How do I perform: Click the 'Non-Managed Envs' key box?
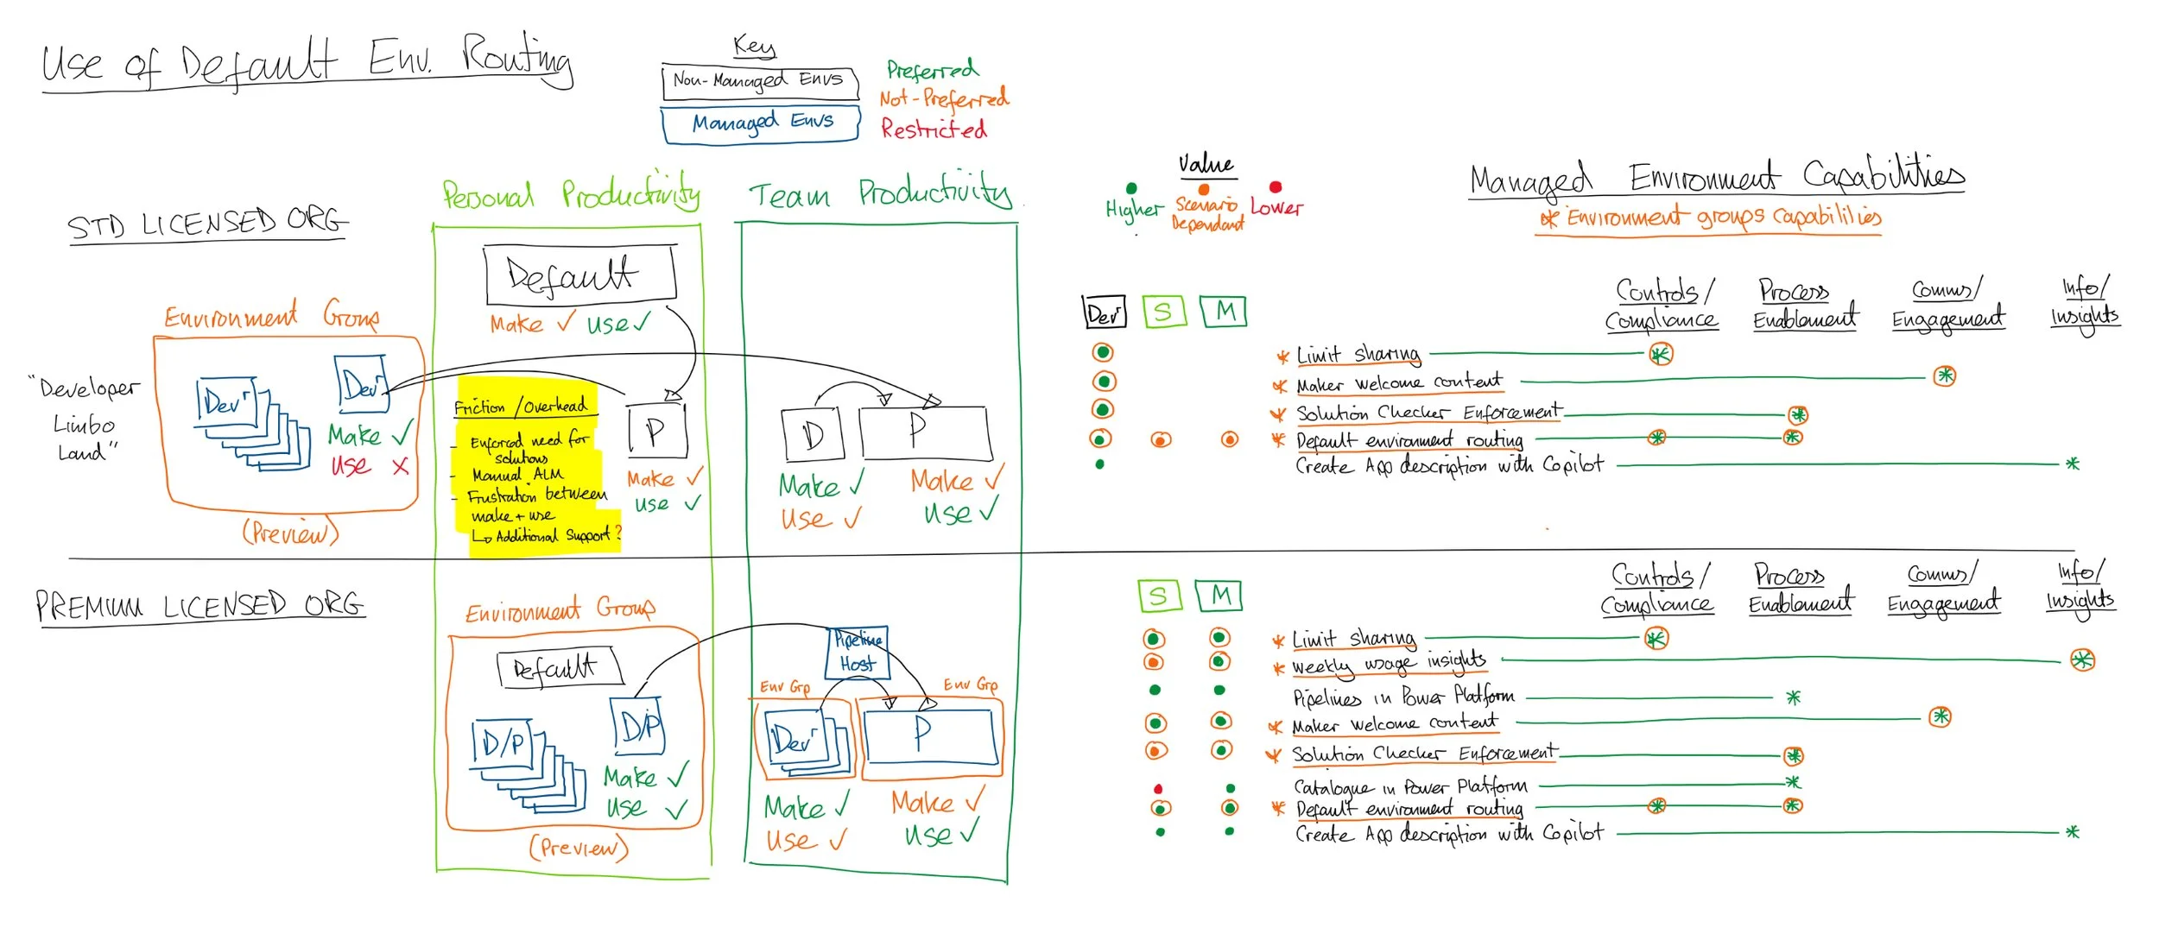(x=759, y=81)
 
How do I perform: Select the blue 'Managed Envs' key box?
(x=761, y=123)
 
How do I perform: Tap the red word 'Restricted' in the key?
(x=934, y=129)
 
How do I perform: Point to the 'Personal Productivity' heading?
(x=571, y=195)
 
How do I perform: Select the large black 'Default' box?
(x=579, y=275)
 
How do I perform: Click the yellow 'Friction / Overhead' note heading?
(x=521, y=406)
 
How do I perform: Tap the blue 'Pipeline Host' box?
(x=857, y=652)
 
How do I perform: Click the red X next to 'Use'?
(x=400, y=467)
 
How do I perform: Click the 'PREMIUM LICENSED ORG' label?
(x=199, y=605)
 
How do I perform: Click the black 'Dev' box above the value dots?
(x=1104, y=312)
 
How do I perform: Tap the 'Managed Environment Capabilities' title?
(x=1716, y=179)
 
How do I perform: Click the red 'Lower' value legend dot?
(x=1276, y=186)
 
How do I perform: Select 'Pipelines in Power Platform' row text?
(x=1402, y=697)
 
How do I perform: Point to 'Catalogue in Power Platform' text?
(x=1409, y=786)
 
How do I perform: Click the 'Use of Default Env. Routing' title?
(x=307, y=61)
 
